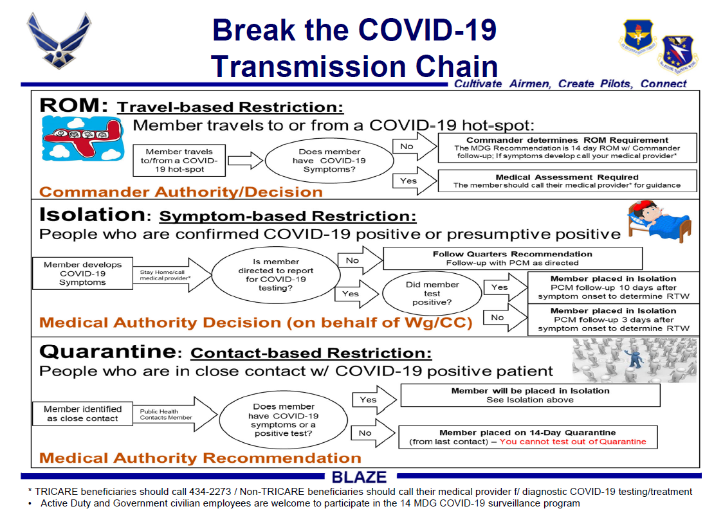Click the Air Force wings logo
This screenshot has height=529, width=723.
pos(59,40)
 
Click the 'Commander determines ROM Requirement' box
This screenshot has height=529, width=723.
pos(567,148)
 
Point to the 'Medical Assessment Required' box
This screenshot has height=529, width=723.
pos(567,181)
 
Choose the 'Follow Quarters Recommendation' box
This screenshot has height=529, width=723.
pos(512,258)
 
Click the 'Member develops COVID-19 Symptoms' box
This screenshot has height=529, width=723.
pos(82,273)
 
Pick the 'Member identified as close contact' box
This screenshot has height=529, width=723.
pos(82,413)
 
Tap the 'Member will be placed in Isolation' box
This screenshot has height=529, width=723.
pos(530,395)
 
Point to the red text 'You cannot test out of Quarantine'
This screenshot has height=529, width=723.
pos(572,442)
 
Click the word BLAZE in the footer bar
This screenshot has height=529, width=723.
pos(359,477)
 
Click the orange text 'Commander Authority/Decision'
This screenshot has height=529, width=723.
pos(181,192)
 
